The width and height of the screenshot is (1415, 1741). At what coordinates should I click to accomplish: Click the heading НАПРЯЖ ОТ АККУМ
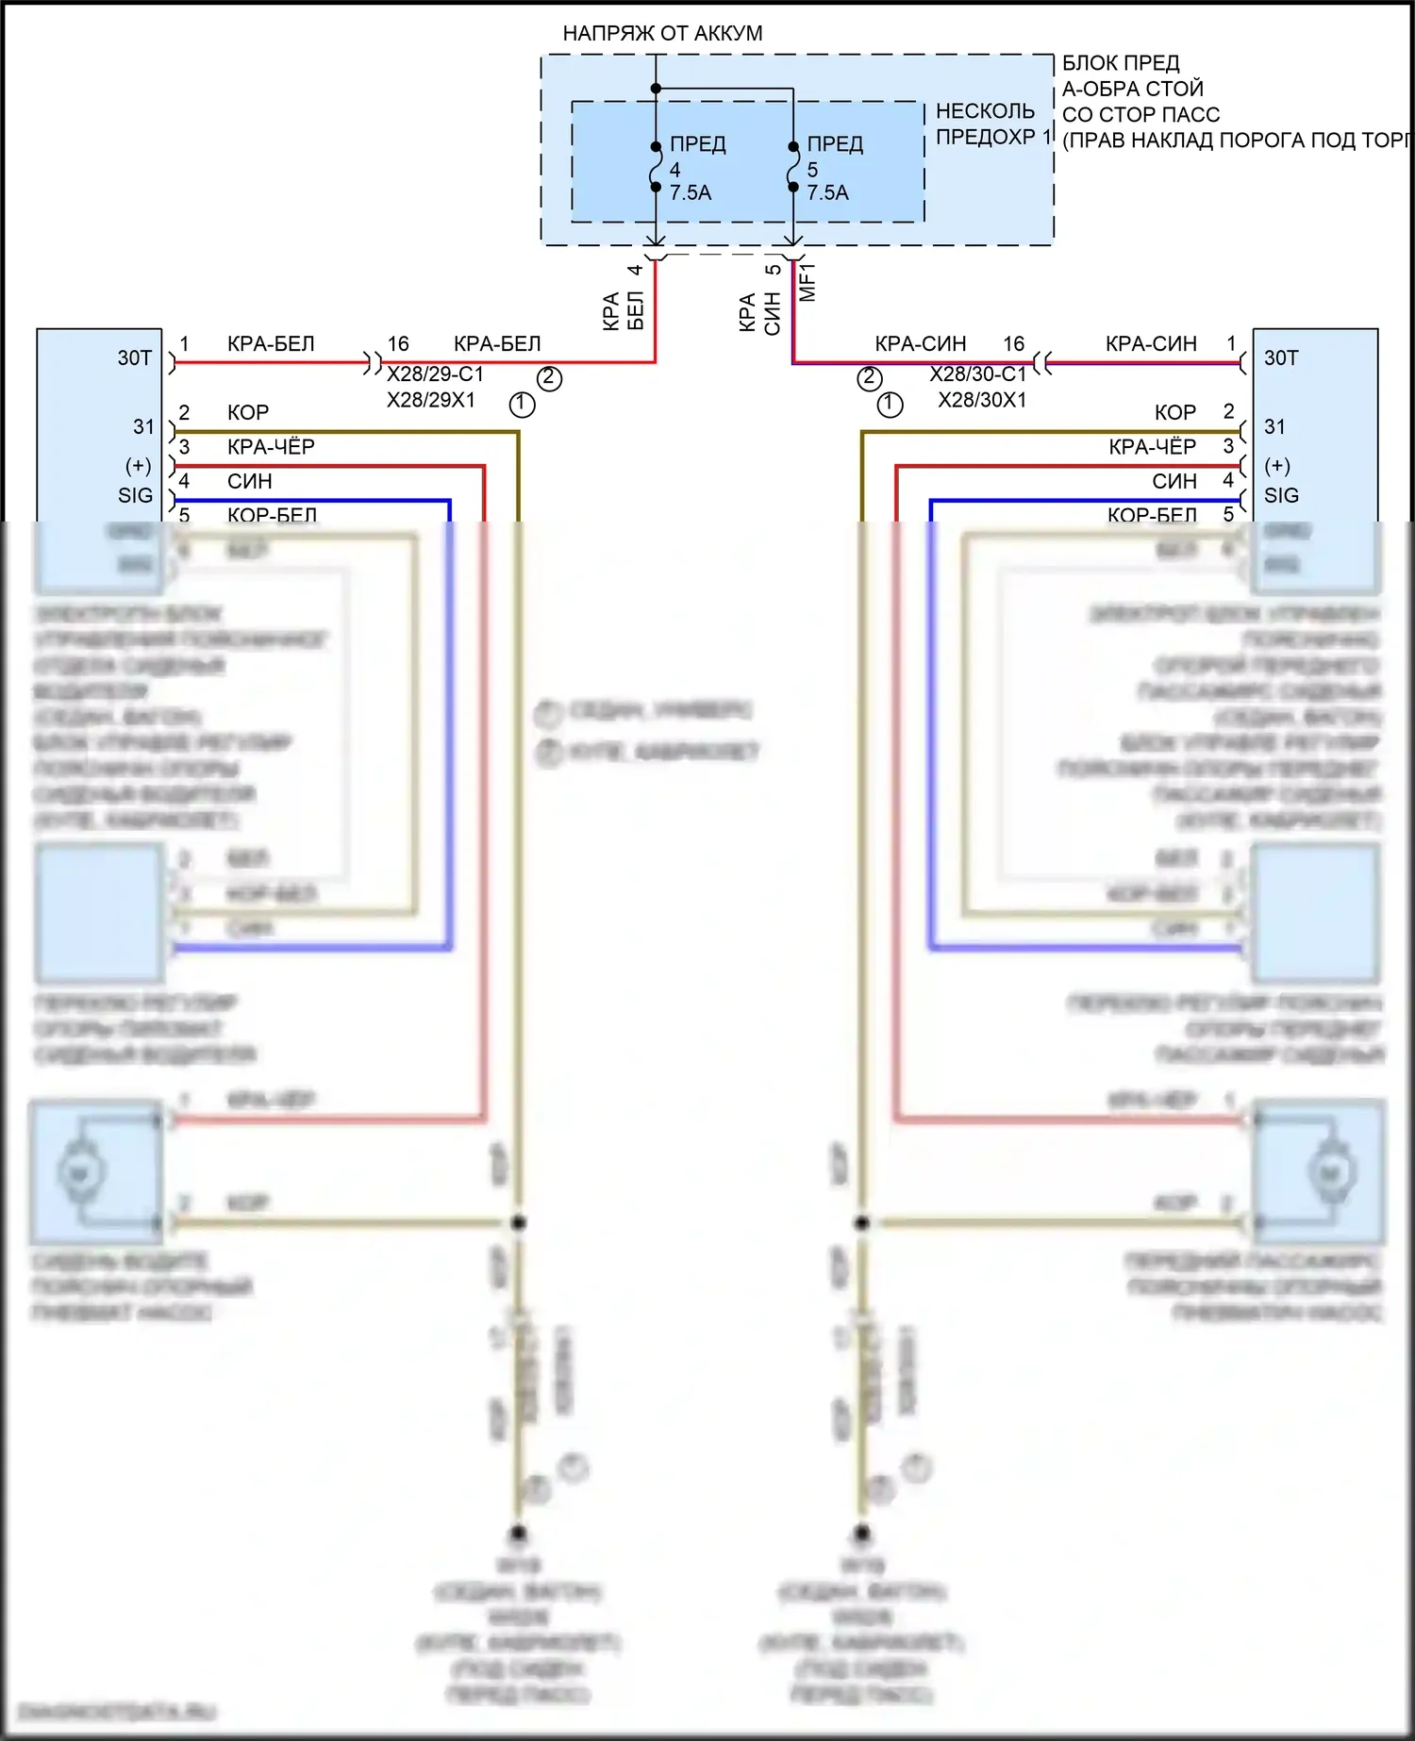[x=662, y=33]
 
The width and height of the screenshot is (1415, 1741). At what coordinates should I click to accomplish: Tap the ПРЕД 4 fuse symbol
[x=656, y=168]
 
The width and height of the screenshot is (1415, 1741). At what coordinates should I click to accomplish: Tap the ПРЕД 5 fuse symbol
[x=793, y=168]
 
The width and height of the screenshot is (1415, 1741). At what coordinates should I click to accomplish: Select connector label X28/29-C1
[x=435, y=374]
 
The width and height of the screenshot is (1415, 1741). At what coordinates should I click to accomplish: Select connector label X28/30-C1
[x=977, y=374]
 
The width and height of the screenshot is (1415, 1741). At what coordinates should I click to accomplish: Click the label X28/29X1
[x=431, y=400]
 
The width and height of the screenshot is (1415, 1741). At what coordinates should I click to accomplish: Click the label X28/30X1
[x=982, y=400]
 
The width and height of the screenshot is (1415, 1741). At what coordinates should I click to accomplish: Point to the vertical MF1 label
[x=807, y=282]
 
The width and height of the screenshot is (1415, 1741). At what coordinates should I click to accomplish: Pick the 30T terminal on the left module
[x=135, y=358]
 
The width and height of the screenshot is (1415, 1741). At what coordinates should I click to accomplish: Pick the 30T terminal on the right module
[x=1281, y=358]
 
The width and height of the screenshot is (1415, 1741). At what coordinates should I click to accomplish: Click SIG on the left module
[x=135, y=496]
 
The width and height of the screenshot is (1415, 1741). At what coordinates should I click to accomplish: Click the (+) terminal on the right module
[x=1277, y=466]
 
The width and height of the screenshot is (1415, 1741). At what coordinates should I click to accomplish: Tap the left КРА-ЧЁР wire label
[x=271, y=447]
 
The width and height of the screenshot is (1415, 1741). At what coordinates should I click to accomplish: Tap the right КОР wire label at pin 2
[x=1174, y=413]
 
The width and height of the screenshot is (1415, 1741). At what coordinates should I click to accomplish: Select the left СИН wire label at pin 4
[x=249, y=482]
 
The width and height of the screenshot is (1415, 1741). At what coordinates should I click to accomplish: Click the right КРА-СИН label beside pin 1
[x=1151, y=344]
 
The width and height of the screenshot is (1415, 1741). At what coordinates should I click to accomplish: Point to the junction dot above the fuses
[x=656, y=89]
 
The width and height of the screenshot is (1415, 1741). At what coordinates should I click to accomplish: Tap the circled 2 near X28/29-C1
[x=549, y=379]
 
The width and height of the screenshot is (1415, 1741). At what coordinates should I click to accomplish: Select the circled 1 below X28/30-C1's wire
[x=890, y=406]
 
